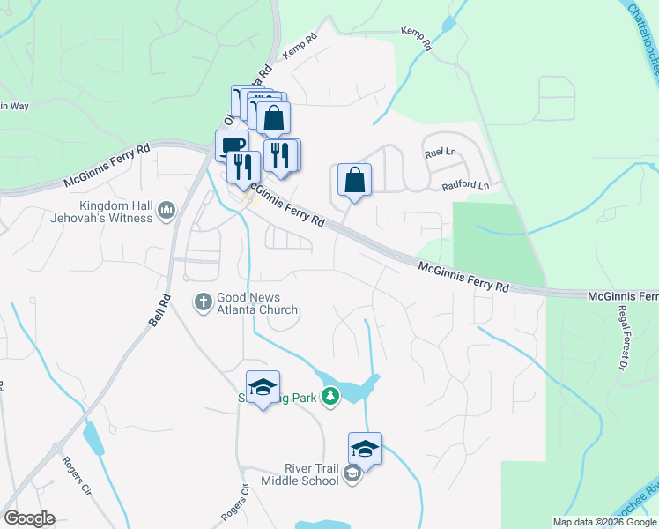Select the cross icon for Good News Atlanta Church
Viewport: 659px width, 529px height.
(202, 302)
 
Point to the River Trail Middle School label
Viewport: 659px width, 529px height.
(300, 474)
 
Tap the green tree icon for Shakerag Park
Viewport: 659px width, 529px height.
(330, 397)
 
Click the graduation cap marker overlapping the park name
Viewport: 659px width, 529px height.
(263, 387)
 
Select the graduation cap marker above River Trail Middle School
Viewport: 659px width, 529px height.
(365, 449)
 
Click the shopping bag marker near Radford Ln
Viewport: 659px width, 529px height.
(354, 179)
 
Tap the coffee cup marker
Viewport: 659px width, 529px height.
(232, 145)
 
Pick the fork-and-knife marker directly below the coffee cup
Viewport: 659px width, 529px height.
(241, 166)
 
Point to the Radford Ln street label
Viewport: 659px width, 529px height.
(464, 185)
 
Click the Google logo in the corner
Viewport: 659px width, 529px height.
(29, 518)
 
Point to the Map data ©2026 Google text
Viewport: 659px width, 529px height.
(604, 522)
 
